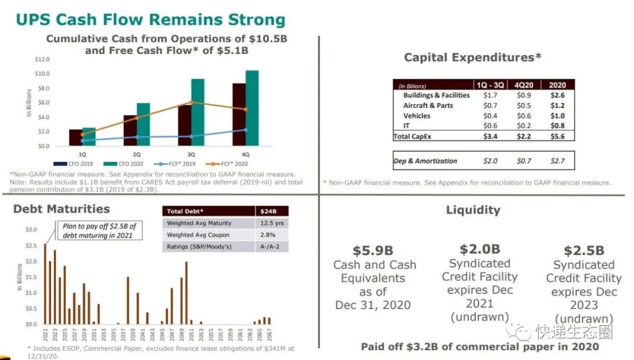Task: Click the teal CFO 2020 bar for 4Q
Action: [252, 109]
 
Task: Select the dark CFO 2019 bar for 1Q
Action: [76, 137]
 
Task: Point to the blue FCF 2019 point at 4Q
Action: [245, 130]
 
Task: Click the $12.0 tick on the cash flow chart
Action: [42, 60]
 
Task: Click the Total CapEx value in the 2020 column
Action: [557, 136]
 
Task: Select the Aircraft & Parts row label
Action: [428, 106]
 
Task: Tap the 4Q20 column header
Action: [525, 85]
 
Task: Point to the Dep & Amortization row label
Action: [425, 161]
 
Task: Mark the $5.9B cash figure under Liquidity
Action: [372, 251]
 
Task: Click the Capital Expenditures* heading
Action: [472, 58]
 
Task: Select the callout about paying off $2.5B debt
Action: [99, 231]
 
